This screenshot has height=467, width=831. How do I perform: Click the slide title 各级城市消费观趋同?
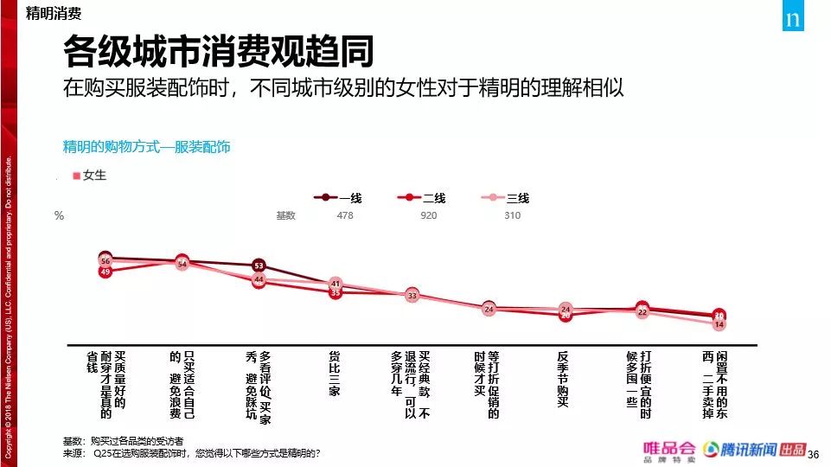tap(218, 53)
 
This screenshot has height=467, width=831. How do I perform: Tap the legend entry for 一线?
tap(338, 198)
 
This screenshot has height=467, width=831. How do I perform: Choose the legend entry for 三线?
tap(504, 198)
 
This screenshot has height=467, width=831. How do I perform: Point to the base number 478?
tap(345, 215)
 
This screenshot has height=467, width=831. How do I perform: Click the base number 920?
tap(428, 215)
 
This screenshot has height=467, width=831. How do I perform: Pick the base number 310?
tap(512, 215)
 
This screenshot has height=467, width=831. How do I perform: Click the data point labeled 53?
tap(259, 265)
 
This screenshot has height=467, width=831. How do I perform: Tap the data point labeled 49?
tap(105, 272)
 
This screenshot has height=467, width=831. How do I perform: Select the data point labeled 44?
tap(259, 279)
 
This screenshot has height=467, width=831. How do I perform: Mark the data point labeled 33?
tap(412, 295)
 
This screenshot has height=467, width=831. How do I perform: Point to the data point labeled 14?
tap(719, 324)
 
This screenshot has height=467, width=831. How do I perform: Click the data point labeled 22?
tap(642, 311)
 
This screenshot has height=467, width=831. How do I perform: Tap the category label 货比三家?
tap(335, 373)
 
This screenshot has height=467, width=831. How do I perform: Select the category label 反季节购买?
tap(564, 378)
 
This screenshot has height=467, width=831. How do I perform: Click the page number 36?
tap(812, 453)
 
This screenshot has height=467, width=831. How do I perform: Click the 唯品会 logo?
tap(668, 450)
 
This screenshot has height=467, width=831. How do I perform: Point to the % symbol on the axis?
tap(59, 216)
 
